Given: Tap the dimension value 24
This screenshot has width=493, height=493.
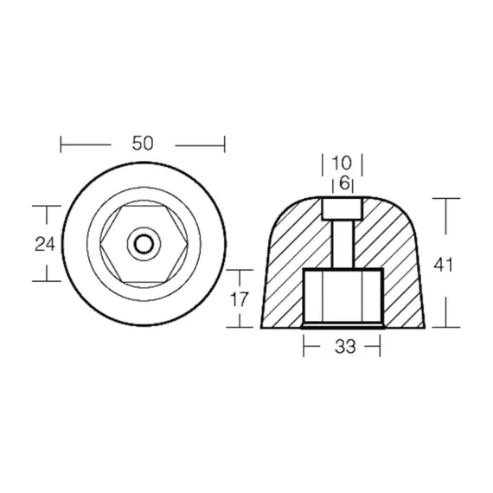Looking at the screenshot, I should (x=45, y=244).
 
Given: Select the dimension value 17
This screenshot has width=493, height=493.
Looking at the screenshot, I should (x=240, y=299).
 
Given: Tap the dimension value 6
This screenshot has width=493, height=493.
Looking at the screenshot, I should (x=344, y=183).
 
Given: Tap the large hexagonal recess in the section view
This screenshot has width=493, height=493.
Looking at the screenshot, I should (x=343, y=298).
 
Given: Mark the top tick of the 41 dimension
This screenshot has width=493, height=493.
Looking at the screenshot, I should (x=446, y=198).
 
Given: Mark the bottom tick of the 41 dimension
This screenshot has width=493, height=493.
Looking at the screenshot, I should (x=446, y=329).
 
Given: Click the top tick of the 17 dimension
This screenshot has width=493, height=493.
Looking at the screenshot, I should (x=240, y=270).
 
